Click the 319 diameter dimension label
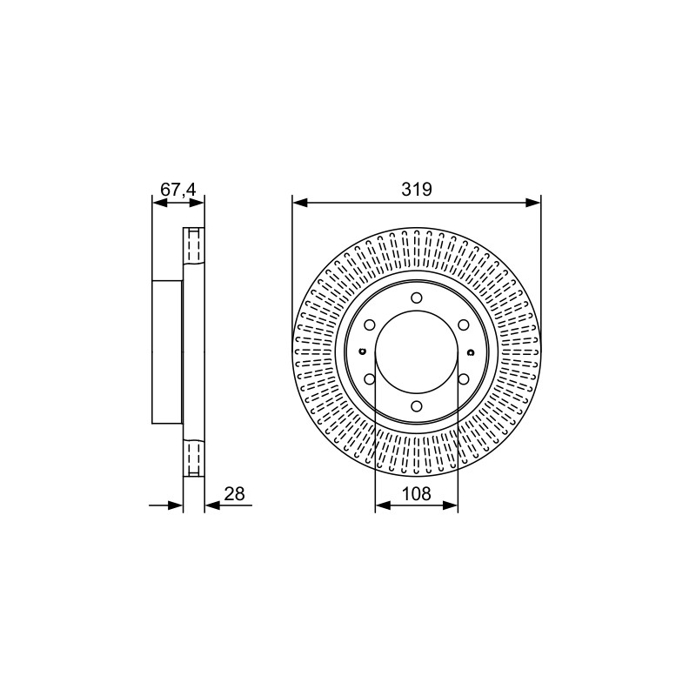point(417,189)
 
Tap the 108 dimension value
point(417,493)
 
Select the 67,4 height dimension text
point(177,190)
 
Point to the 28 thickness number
point(234,493)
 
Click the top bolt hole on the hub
point(417,297)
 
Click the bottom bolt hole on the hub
point(417,405)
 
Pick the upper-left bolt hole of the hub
point(369,325)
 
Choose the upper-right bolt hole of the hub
point(464,325)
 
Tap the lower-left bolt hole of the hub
point(369,378)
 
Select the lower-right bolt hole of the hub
point(464,378)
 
